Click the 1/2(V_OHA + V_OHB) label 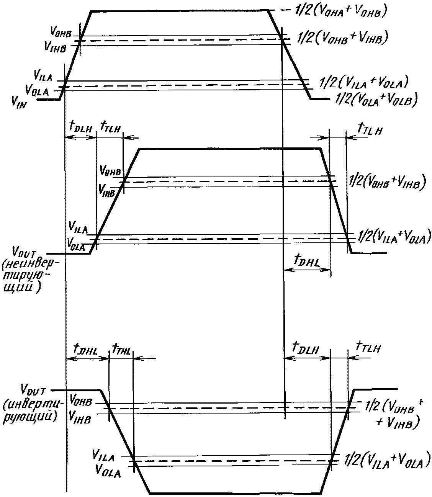[x=340, y=11]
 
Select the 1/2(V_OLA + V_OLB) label [x=376, y=99]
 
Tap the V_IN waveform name [x=19, y=102]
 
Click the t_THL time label [x=121, y=350]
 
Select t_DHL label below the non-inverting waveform [x=307, y=261]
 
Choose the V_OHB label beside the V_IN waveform [x=61, y=32]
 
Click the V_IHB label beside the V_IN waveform [x=55, y=46]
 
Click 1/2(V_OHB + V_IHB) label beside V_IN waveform [x=342, y=38]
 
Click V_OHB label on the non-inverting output [x=110, y=171]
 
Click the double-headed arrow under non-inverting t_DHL [x=307, y=270]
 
